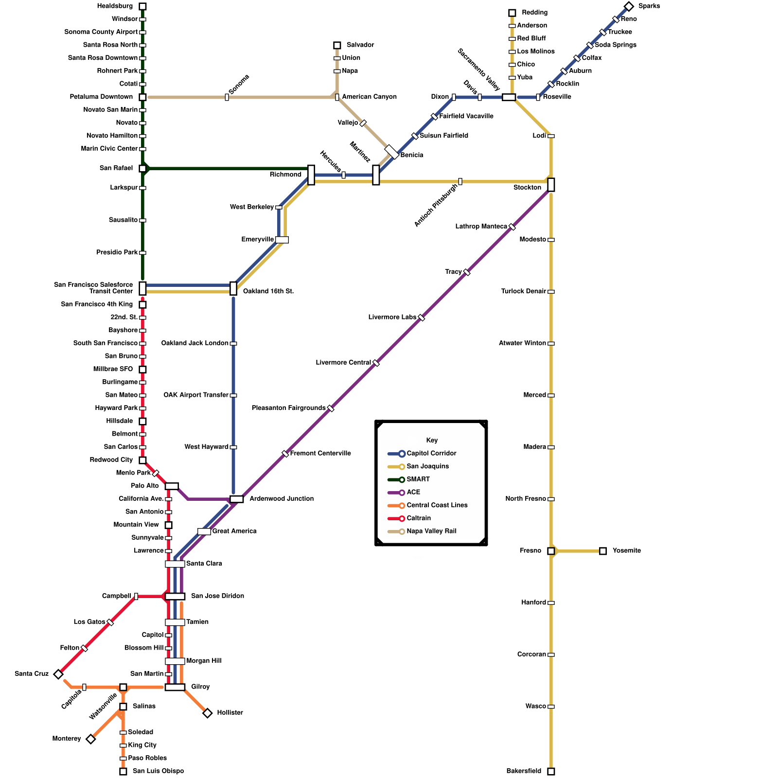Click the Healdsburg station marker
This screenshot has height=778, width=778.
click(142, 6)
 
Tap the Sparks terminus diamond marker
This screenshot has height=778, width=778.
click(629, 6)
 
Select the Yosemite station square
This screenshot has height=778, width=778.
click(603, 551)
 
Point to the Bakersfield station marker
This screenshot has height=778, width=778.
click(551, 771)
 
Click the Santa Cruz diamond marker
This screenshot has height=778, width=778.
click(58, 674)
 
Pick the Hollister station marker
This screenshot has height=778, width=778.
click(208, 713)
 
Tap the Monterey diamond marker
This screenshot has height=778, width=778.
click(90, 739)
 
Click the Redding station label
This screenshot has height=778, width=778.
click(534, 13)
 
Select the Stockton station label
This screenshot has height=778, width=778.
click(527, 188)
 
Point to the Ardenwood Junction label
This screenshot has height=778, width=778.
click(282, 499)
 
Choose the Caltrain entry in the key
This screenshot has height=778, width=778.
click(419, 518)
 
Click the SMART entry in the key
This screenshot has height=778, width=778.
click(418, 479)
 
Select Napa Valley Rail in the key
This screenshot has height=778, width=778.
click(431, 531)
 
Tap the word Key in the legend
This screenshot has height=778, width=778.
click(432, 441)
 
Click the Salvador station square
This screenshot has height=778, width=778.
click(337, 45)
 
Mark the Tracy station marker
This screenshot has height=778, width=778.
click(467, 272)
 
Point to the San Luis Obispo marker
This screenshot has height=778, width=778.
click(123, 771)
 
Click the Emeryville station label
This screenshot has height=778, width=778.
click(257, 240)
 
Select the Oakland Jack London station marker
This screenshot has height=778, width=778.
click(233, 343)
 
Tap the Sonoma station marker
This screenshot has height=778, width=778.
click(227, 97)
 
